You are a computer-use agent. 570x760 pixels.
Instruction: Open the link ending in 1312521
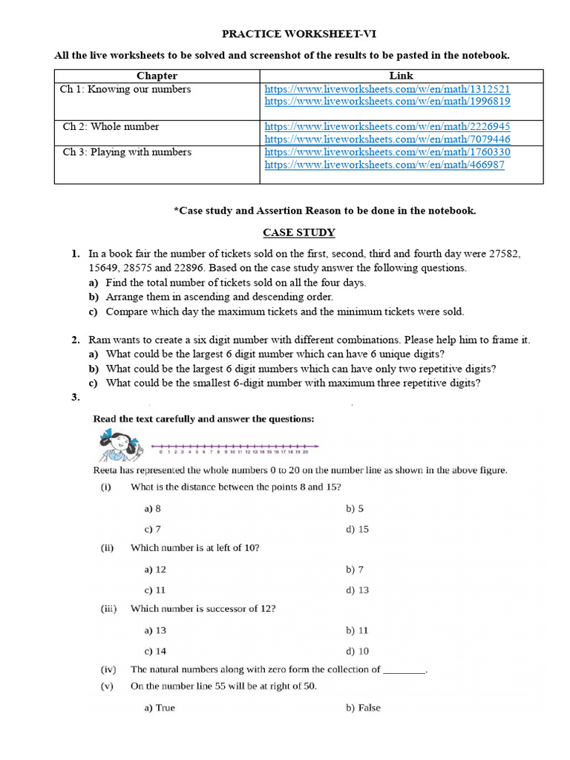tap(387, 90)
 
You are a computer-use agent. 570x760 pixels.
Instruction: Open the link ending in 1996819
tap(387, 102)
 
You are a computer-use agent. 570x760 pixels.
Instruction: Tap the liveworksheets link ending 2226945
tap(387, 127)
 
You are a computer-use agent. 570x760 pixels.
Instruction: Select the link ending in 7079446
tap(387, 139)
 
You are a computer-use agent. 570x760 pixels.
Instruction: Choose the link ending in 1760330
tap(387, 152)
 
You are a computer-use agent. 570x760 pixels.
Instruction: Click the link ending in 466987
tap(384, 165)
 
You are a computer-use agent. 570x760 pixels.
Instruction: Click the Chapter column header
tap(157, 76)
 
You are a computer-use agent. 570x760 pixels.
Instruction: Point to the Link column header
tap(401, 76)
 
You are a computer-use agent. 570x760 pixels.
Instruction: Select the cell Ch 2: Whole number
tap(111, 127)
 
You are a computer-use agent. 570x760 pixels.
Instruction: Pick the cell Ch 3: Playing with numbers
tap(127, 152)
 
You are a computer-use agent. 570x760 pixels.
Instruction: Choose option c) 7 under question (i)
tap(153, 529)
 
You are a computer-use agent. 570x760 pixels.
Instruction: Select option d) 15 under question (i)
tap(357, 529)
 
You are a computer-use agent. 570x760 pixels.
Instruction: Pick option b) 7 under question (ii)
tap(354, 569)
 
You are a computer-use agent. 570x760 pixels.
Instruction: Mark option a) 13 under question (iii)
tap(155, 630)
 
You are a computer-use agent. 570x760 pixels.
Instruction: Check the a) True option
tap(160, 708)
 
